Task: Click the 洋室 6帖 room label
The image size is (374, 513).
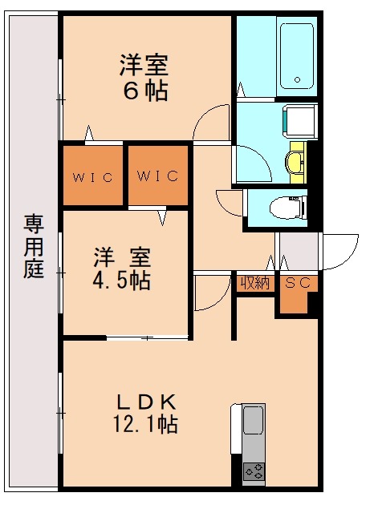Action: tap(145, 78)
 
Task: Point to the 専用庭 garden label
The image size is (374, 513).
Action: tap(33, 245)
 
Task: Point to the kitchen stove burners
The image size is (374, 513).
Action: tap(254, 472)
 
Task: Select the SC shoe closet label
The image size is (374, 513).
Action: tap(297, 284)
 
